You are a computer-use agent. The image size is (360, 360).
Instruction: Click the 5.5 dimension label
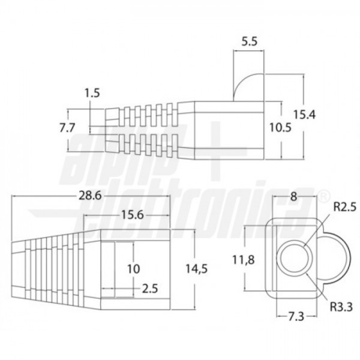[x=250, y=42]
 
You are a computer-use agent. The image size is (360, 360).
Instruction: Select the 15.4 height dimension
[x=305, y=115]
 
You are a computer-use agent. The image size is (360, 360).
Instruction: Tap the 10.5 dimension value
[x=280, y=127]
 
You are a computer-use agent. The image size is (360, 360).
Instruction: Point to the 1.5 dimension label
[x=92, y=93]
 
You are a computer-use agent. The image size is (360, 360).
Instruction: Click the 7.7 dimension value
[x=67, y=128]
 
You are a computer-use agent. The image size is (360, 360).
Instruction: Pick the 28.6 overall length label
[x=90, y=196]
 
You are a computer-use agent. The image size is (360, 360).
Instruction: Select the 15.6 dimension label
[x=132, y=215]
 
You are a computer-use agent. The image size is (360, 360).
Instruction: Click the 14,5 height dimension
[x=197, y=269]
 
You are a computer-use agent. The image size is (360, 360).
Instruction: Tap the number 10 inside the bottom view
[x=133, y=269]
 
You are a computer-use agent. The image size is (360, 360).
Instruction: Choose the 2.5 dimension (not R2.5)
[x=150, y=289]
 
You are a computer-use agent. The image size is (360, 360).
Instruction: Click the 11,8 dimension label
[x=244, y=260]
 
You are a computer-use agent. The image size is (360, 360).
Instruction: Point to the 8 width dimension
[x=293, y=197]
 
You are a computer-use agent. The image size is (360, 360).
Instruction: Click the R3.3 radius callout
[x=341, y=307]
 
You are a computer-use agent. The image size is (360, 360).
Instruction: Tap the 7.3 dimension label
[x=296, y=317]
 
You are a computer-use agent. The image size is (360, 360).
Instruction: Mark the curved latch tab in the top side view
[x=248, y=88]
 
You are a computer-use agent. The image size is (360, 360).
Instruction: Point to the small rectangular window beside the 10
[x=108, y=269]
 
